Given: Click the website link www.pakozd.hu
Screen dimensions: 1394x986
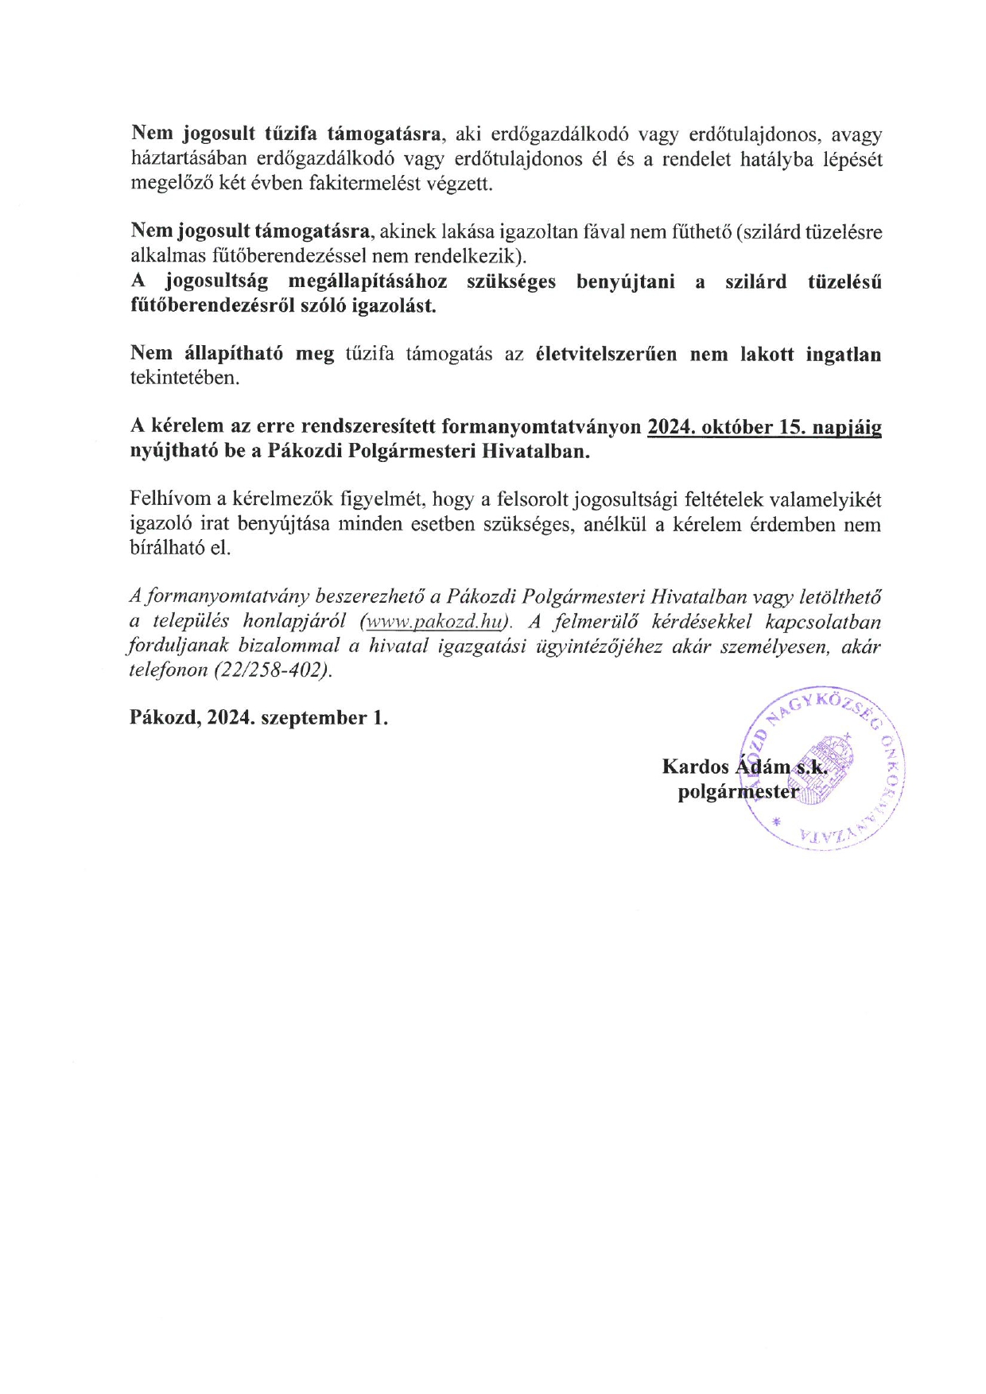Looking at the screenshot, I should pos(436,621).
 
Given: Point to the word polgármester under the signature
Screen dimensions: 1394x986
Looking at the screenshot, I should pos(737,792).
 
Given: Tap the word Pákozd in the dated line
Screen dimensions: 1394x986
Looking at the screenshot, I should pos(164,718).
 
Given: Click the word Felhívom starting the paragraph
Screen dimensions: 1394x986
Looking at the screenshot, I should pos(169,499).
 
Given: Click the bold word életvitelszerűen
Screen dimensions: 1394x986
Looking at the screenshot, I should pos(607,354).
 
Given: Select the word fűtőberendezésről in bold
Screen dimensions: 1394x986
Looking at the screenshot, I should pos(211,306).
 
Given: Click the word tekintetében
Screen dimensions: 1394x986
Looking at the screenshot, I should pos(184,379).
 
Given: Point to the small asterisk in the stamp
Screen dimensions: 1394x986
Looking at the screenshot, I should pos(776,821).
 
